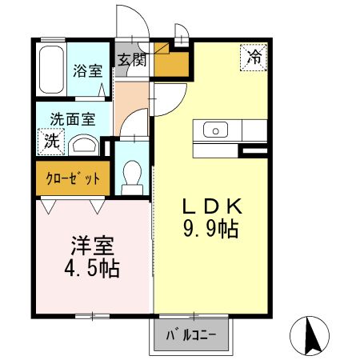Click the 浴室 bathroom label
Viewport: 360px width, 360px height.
point(88,70)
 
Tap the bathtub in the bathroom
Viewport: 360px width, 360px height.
point(52,70)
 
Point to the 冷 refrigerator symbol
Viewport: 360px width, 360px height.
point(254,57)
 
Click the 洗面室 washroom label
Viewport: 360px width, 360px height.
point(73,119)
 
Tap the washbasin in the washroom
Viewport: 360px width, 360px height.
point(82,145)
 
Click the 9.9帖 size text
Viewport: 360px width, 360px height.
point(210,230)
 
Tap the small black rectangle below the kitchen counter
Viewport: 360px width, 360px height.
point(254,150)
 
